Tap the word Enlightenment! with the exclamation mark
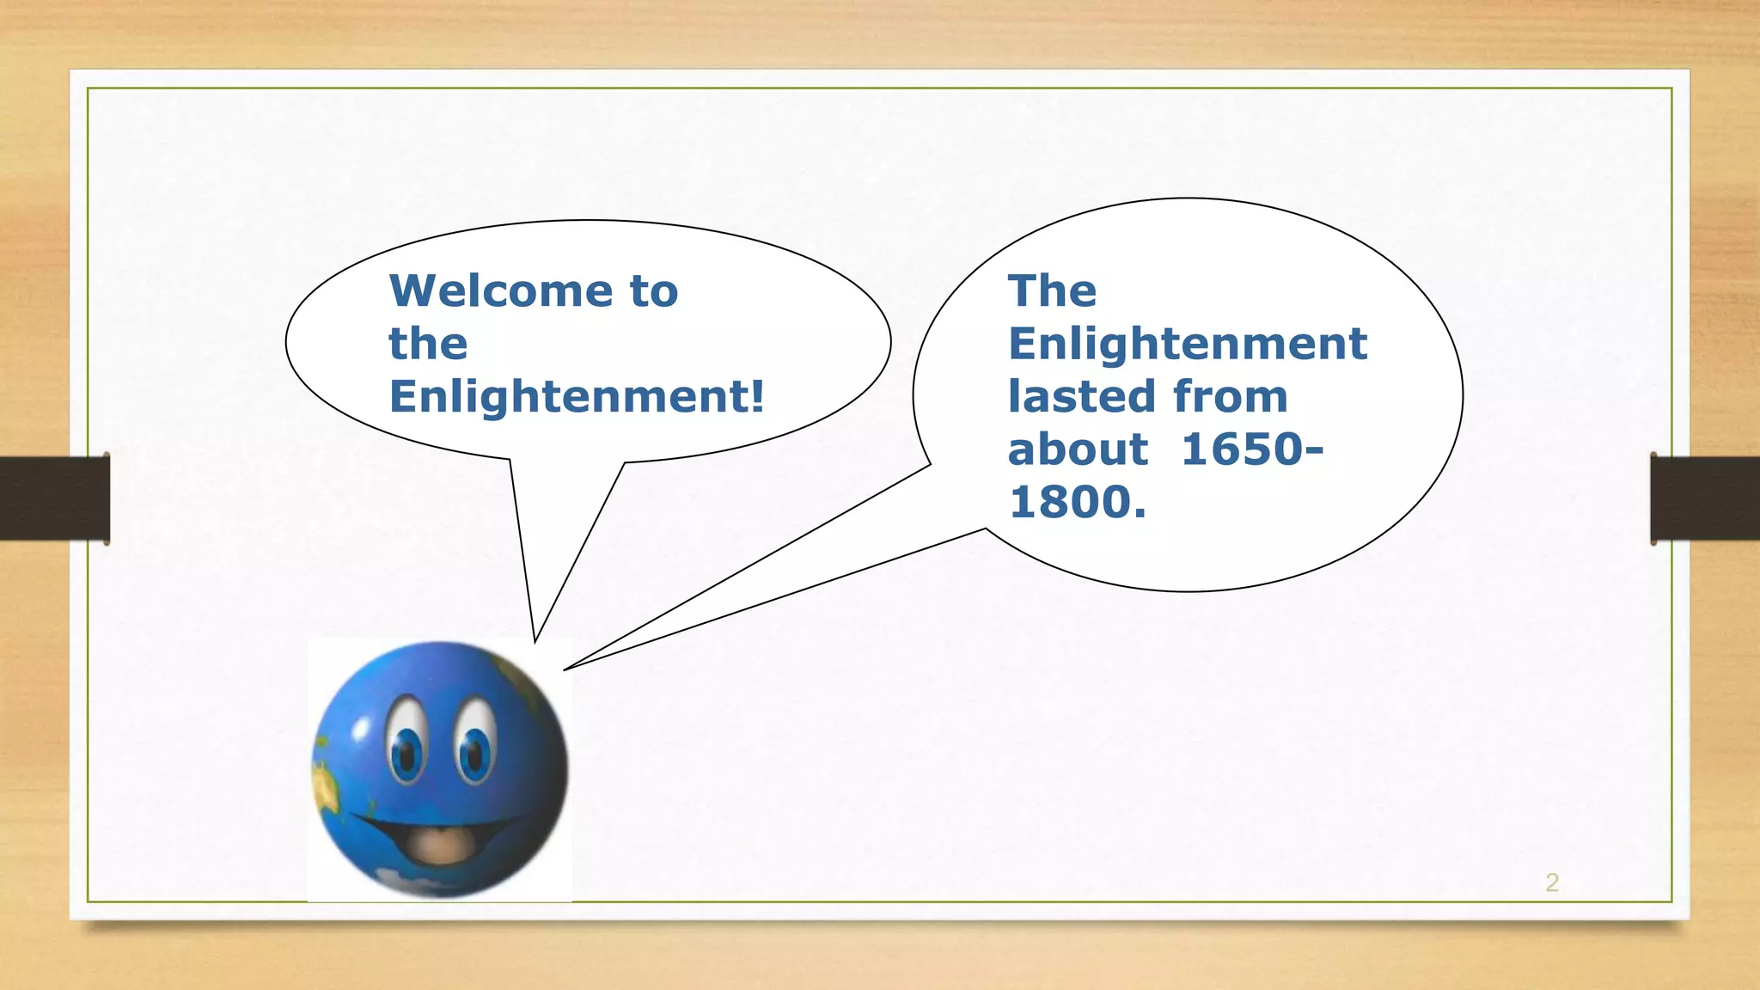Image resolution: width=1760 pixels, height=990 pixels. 576,396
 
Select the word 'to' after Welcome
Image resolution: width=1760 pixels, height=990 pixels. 653,290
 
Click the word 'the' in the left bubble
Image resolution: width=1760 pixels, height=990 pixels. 428,344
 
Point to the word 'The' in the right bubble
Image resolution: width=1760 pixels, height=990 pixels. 1052,290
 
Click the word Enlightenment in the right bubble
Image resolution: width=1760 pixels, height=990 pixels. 1187,344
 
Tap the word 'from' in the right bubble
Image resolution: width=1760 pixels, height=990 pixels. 1230,396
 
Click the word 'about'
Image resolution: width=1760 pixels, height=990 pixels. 1078,449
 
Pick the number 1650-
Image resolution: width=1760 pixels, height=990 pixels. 1252,449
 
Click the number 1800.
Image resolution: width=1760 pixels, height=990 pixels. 1078,502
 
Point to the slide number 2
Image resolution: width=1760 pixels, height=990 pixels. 1552,883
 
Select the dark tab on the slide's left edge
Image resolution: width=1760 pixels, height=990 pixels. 54,498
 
